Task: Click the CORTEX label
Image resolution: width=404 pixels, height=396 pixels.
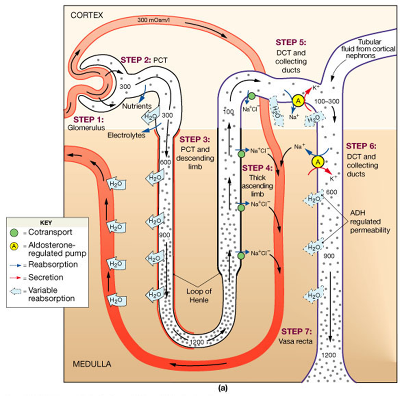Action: click(x=86, y=15)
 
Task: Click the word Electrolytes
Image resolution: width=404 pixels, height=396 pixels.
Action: click(x=127, y=135)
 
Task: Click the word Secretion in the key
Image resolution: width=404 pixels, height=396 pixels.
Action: click(x=48, y=277)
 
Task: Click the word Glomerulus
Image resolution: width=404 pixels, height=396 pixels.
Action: click(x=89, y=127)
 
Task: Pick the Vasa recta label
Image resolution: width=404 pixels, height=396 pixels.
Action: click(x=298, y=342)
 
